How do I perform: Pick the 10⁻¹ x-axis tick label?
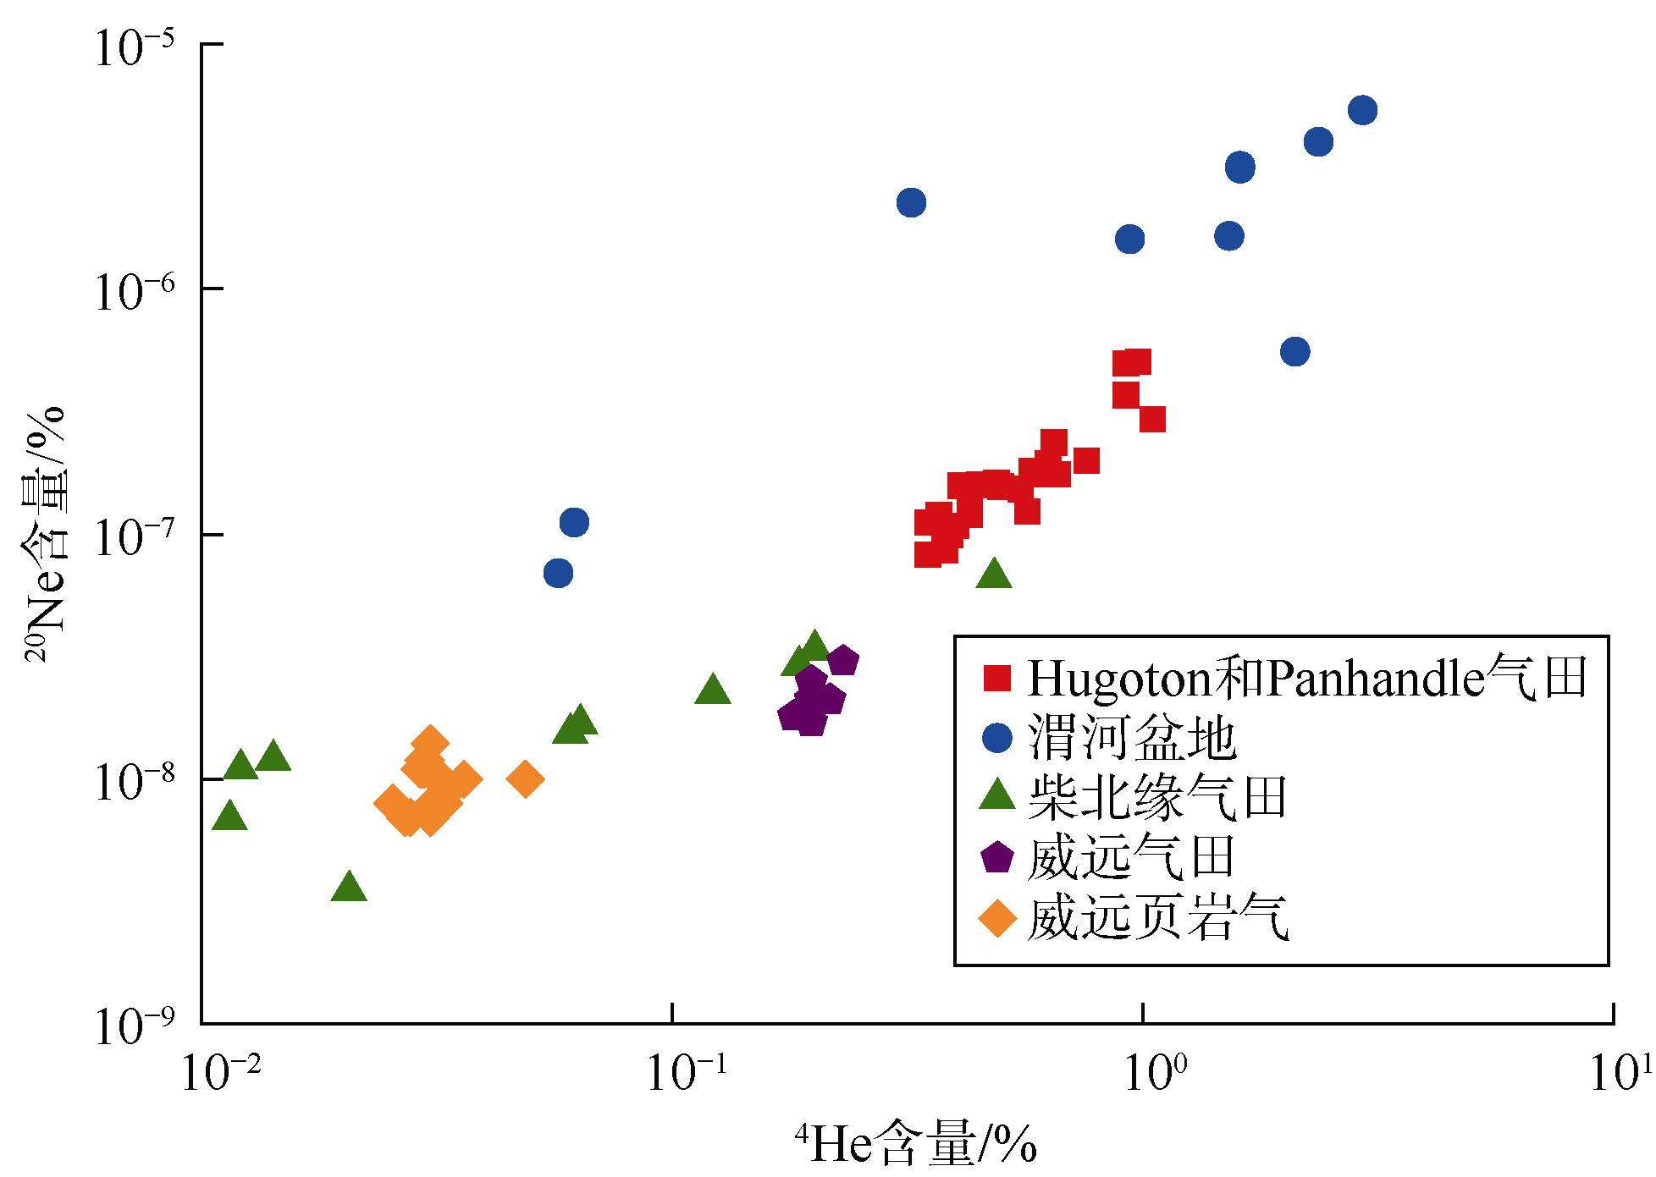[687, 1073]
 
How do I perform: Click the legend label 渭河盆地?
[1132, 738]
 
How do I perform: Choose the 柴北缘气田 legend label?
[1157, 797]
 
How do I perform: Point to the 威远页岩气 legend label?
[1157, 917]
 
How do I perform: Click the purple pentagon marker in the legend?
[997, 857]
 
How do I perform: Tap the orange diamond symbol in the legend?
[997, 919]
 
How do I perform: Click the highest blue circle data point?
[1362, 110]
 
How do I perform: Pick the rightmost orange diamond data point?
[525, 778]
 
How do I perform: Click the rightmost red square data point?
[1152, 419]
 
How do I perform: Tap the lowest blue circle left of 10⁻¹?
[558, 573]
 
